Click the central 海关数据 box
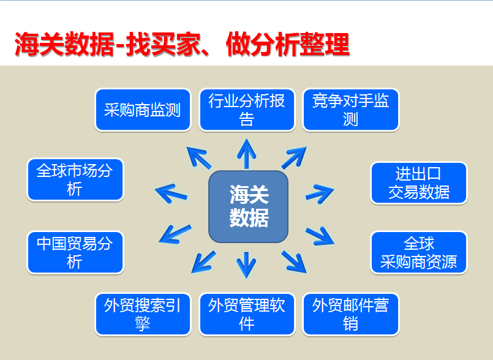(x=248, y=206)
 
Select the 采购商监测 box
(x=143, y=110)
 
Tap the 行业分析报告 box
(x=246, y=110)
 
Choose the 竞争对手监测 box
(x=350, y=110)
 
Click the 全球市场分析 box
(x=75, y=179)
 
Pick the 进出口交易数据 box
(x=418, y=183)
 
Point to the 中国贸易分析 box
(x=75, y=252)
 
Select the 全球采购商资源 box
(x=418, y=252)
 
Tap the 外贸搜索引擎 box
(x=143, y=314)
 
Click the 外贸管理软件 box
(x=246, y=314)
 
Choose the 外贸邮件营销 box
(x=350, y=314)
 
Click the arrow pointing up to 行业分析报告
(x=247, y=154)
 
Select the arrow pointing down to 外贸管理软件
(x=247, y=264)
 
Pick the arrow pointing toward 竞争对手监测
(x=293, y=158)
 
